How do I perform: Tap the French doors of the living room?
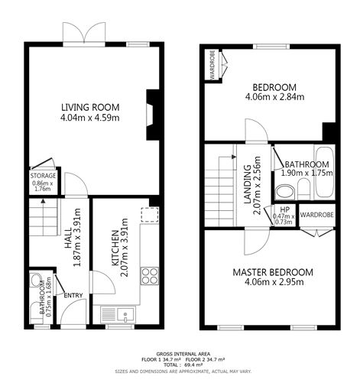click(82, 34)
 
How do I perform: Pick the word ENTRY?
click(73, 296)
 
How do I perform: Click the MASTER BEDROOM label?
click(273, 272)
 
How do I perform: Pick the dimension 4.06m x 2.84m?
click(274, 97)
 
